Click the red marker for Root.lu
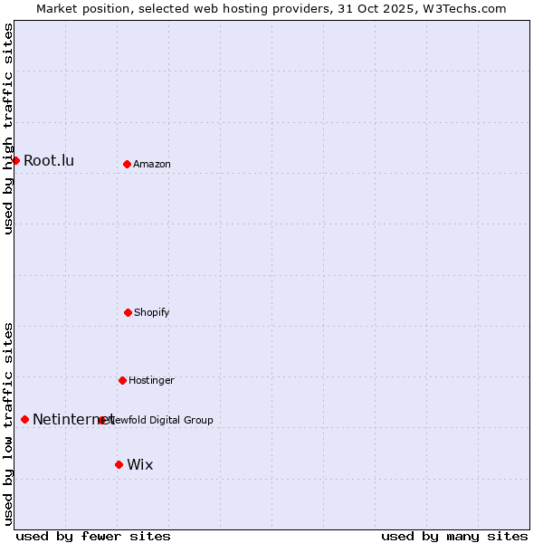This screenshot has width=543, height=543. [x=15, y=160]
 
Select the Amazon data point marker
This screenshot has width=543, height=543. [x=127, y=164]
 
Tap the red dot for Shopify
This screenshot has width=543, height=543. [x=128, y=312]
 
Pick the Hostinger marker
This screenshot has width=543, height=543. [x=122, y=380]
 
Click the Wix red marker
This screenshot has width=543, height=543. [x=119, y=464]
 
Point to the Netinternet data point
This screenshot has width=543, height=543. [x=24, y=419]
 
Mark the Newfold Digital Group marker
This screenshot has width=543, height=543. [x=102, y=420]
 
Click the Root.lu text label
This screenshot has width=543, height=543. [x=49, y=161]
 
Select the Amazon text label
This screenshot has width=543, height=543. [x=152, y=164]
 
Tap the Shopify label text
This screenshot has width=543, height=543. [x=152, y=312]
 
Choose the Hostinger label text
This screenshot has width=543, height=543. [x=151, y=380]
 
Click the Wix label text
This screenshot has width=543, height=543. [x=140, y=465]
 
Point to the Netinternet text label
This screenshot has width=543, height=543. [x=72, y=419]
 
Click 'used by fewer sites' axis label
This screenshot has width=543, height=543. [x=93, y=536]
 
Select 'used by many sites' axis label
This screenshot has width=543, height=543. [x=454, y=536]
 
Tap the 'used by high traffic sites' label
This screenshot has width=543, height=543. [x=9, y=129]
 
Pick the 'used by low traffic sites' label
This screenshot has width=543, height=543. [x=9, y=424]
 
